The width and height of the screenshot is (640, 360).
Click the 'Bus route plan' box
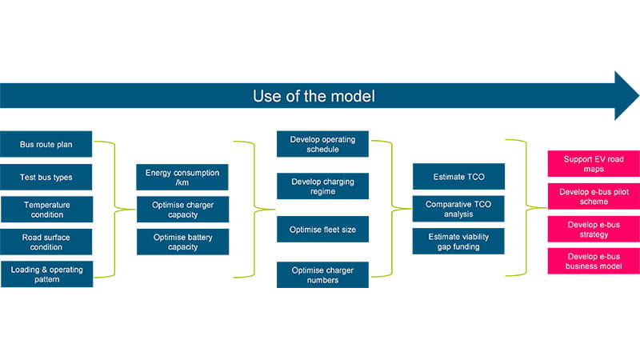[x=46, y=144]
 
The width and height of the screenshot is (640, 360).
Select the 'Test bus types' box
[x=46, y=177]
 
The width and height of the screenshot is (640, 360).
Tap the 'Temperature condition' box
[x=46, y=210]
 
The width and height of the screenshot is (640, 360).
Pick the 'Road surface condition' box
[x=46, y=242]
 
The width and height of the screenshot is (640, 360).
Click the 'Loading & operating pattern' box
[x=46, y=274]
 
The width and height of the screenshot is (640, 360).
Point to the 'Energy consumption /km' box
[x=182, y=177]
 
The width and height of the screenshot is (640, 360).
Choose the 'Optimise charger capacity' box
[x=182, y=210]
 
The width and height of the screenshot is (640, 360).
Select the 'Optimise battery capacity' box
[x=182, y=242]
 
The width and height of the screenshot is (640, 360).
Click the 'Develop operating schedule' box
[x=322, y=144]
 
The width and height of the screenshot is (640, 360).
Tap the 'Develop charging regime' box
[x=322, y=186]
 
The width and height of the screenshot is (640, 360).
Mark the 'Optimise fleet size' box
[x=322, y=229]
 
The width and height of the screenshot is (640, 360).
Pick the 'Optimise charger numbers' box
[x=322, y=274]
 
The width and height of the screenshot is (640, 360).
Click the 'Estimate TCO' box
[x=458, y=177]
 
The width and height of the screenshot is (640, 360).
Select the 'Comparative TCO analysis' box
[x=458, y=210]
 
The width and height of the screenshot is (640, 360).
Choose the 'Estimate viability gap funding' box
[x=458, y=242]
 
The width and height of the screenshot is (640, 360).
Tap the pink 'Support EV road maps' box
[x=594, y=164]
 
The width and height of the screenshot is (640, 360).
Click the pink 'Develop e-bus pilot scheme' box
[x=594, y=196]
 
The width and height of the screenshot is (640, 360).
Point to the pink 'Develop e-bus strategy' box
[x=594, y=229]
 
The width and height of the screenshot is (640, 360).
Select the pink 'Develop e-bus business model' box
[x=594, y=261]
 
